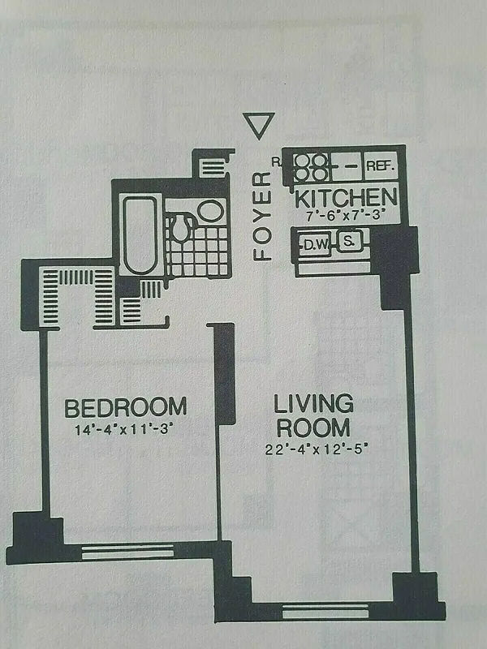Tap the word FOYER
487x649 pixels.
[261, 216]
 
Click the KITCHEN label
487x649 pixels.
[346, 197]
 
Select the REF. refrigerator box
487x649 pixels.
[380, 166]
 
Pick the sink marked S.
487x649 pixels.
[349, 242]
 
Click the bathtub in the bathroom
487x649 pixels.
[140, 234]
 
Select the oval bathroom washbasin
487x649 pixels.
[210, 213]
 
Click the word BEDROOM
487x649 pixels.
[126, 406]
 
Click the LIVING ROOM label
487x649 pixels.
[312, 415]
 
